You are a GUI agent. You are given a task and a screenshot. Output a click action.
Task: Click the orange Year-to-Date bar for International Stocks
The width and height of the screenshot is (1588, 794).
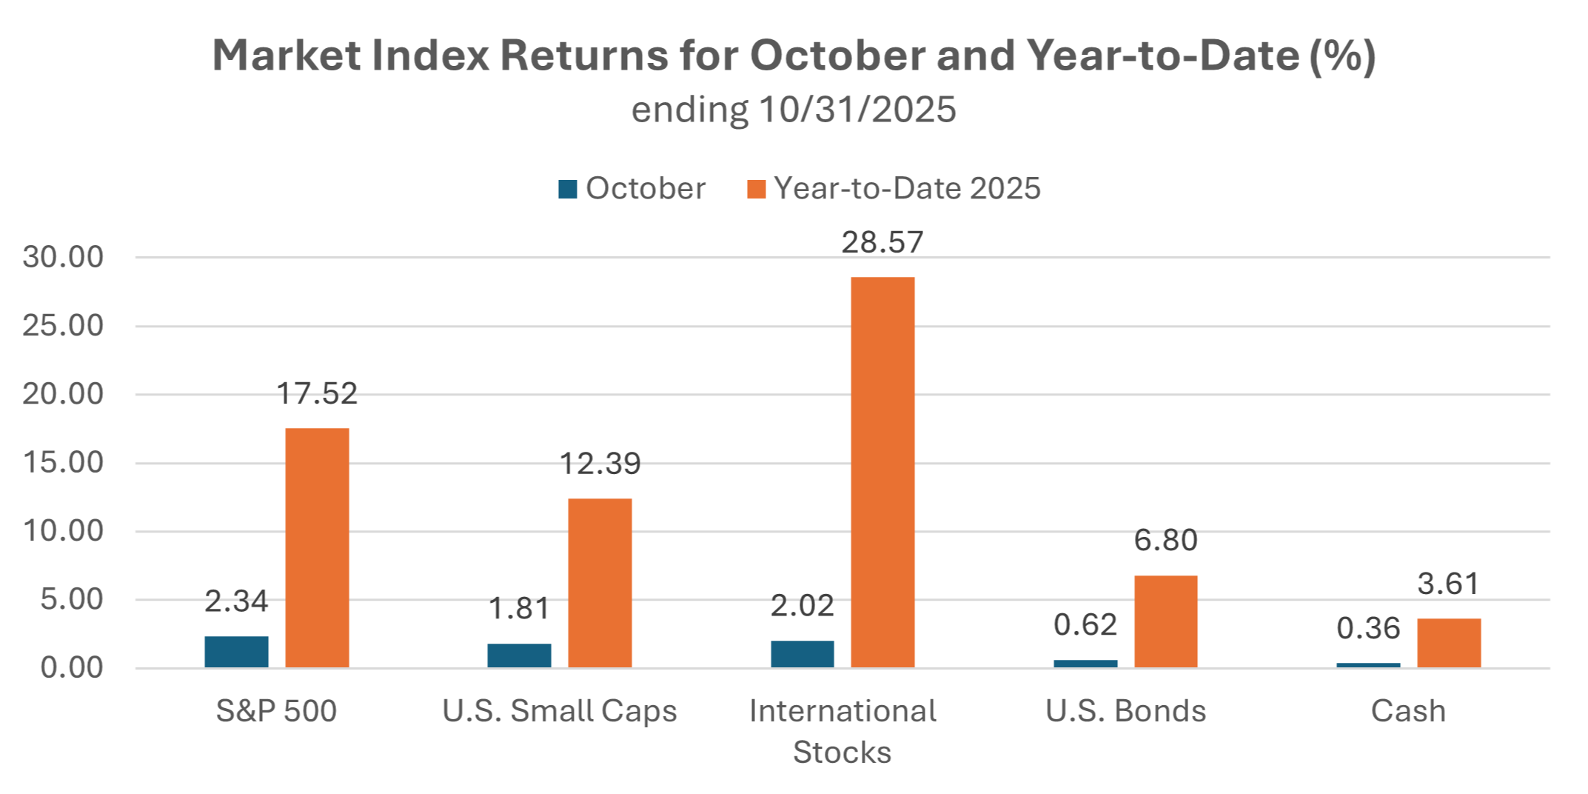pos(882,473)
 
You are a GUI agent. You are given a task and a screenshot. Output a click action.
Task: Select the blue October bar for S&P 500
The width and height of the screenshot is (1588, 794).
pos(237,652)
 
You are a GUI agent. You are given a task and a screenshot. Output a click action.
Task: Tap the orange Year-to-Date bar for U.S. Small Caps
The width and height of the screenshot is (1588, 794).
pos(600,584)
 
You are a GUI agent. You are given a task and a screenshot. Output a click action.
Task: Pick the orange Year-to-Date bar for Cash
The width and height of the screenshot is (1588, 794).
pos(1449,643)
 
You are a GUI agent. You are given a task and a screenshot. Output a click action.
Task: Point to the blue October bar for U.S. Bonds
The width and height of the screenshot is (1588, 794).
pos(1085,664)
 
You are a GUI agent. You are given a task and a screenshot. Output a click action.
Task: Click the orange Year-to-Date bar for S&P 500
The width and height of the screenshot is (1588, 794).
pos(317,548)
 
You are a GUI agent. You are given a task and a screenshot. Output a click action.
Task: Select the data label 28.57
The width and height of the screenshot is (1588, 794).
pos(882,242)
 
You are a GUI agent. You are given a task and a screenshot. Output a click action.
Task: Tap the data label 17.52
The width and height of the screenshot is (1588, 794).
pos(317,393)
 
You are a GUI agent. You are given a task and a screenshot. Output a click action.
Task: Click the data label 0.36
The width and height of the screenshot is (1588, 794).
pos(1368,628)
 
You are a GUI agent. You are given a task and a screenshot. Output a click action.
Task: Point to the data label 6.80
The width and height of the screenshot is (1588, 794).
pos(1166,540)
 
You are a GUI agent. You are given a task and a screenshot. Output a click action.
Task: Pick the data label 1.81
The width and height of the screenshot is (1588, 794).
pos(519,608)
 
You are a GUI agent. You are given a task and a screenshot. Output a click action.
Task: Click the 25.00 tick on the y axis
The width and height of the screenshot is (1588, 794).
pos(63,325)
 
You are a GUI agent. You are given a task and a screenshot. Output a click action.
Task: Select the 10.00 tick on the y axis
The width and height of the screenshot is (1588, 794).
pos(63,531)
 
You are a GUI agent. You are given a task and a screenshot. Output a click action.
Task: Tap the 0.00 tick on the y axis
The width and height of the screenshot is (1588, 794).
pos(72,667)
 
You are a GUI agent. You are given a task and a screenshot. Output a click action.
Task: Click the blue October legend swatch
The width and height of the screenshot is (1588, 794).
pos(568,189)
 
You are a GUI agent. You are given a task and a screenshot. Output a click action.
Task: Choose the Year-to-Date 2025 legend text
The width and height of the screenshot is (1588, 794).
pos(908,188)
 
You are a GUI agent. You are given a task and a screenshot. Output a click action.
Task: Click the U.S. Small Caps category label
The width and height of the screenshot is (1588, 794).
pos(560,711)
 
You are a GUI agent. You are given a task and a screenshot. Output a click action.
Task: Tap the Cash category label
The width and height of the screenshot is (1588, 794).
pos(1408,711)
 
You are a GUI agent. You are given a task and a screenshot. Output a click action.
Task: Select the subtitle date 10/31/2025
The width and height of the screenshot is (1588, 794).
pos(857,110)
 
